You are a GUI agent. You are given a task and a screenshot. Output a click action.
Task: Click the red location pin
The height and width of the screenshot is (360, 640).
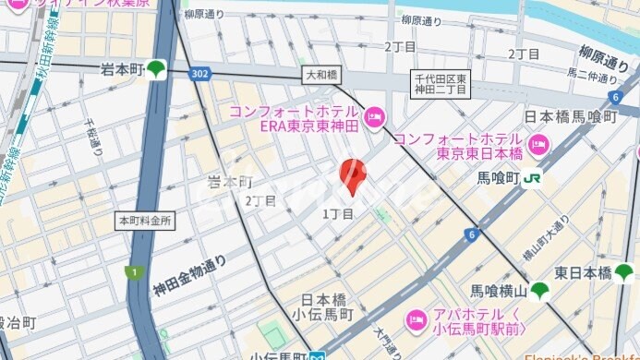pos(353,175)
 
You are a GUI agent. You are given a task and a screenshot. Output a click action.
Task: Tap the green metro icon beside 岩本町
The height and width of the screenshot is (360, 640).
pos(157,68)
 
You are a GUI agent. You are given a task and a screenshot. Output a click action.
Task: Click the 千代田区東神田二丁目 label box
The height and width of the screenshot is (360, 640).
pos(441,83)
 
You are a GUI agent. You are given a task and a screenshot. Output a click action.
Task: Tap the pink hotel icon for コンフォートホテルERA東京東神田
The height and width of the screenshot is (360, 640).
pos(373,117)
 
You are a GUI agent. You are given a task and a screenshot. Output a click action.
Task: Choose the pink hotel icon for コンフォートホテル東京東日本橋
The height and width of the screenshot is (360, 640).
pos(537,144)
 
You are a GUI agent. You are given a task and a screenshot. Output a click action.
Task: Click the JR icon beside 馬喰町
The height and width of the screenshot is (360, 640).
pos(533,178)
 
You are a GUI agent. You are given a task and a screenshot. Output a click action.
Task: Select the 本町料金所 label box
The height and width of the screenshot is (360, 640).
pos(145,222)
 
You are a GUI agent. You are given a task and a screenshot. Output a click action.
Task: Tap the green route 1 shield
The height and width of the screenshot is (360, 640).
pos(133,271)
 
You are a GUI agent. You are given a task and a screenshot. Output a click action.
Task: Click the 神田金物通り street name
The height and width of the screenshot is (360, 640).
pos(190,276)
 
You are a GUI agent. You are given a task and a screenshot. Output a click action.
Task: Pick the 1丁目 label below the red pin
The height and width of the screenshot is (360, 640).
pos(337,214)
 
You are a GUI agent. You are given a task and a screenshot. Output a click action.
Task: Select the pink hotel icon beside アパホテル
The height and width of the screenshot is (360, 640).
pos(416,321)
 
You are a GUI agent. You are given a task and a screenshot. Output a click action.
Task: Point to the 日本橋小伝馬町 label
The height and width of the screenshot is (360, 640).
pos(327,307)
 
